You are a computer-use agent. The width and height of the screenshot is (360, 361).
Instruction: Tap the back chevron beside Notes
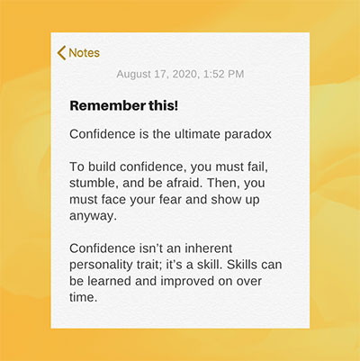point(61,53)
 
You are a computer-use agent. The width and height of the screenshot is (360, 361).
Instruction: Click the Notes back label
point(85,53)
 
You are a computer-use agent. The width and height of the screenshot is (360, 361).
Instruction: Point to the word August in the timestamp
point(133,75)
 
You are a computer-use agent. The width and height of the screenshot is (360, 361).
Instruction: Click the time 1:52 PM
point(224,74)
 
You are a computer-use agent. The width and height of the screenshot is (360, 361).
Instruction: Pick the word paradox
point(248,134)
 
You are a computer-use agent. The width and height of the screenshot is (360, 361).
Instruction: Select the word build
point(102,167)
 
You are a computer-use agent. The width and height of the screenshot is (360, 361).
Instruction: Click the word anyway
point(93,216)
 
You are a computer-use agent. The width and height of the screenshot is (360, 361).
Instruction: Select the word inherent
point(208,248)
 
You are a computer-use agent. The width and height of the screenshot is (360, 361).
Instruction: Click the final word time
point(84,297)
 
